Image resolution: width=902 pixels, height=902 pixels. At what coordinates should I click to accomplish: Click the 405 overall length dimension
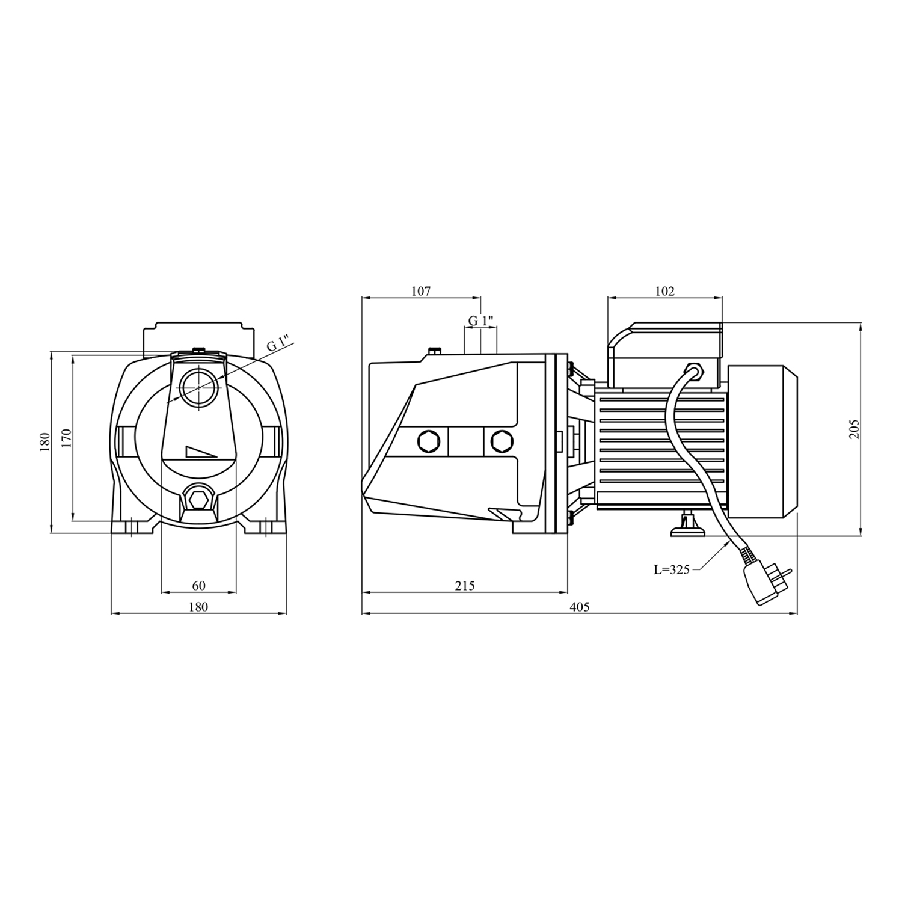(579, 607)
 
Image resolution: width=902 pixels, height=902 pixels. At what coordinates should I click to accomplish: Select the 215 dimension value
(465, 585)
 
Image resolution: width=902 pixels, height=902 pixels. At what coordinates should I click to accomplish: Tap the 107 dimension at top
(421, 291)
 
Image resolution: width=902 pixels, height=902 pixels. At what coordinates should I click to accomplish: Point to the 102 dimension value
(665, 291)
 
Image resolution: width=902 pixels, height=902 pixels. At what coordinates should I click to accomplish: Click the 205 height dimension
(854, 429)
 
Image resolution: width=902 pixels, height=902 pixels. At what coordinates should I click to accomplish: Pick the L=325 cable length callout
(672, 569)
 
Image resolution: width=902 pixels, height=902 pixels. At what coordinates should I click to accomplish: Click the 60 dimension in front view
(199, 585)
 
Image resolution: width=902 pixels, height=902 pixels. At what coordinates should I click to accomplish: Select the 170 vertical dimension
(66, 438)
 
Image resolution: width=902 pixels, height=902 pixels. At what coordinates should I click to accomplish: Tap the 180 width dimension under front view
(198, 607)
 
